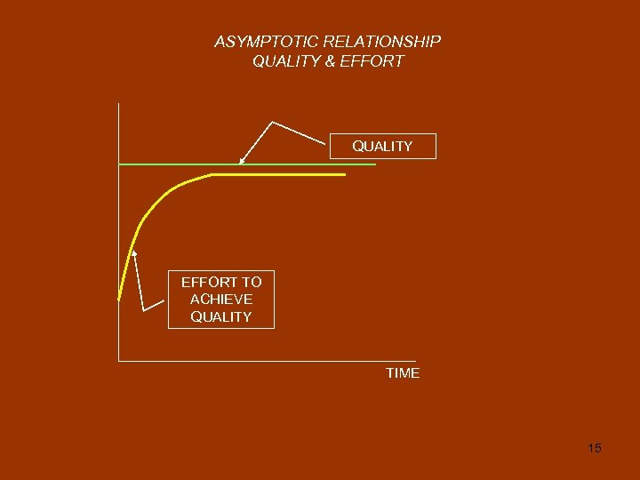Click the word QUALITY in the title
(x=283, y=61)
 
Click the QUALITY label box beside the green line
(x=382, y=146)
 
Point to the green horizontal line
(x=311, y=164)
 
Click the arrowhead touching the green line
(x=241, y=162)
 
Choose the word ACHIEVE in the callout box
(x=221, y=300)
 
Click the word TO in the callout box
(x=251, y=282)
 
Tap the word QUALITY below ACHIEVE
(x=221, y=316)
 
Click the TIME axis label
(x=403, y=373)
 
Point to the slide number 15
(x=595, y=448)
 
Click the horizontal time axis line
(x=267, y=361)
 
